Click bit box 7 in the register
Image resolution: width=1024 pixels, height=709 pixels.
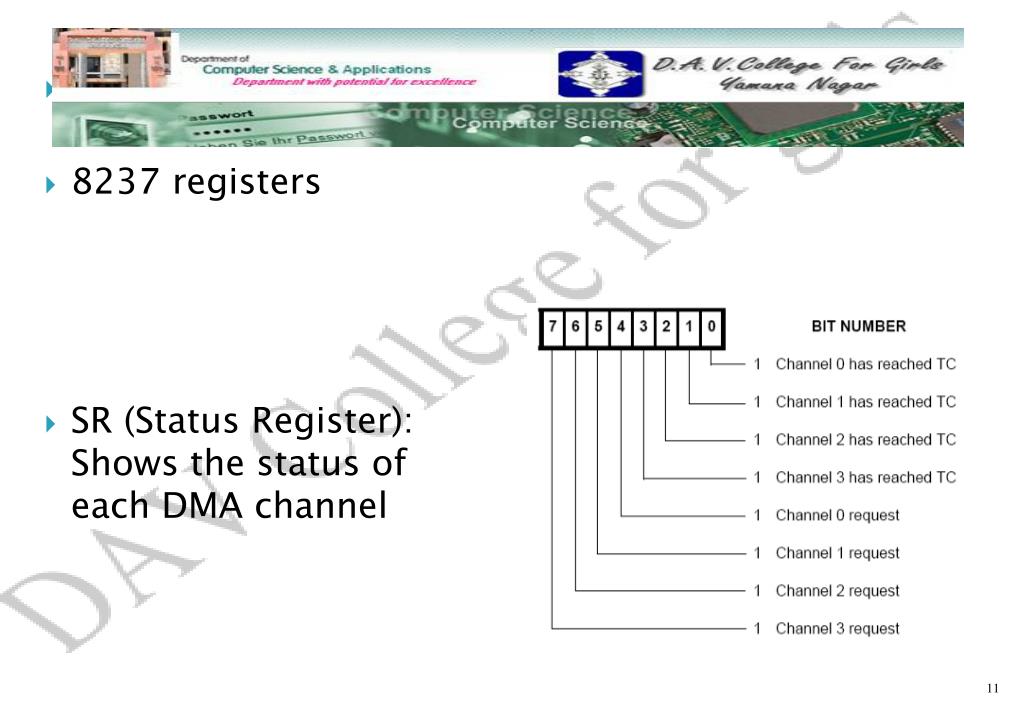tap(553, 328)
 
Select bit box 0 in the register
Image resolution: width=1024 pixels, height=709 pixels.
tap(711, 328)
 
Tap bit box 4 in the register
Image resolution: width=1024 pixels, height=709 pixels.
tap(621, 328)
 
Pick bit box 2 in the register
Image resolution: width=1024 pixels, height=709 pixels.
tap(666, 328)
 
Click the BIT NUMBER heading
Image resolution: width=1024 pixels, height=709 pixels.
tap(858, 326)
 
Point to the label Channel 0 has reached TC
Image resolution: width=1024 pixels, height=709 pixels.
tap(865, 364)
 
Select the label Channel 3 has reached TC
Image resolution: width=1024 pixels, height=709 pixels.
tap(865, 478)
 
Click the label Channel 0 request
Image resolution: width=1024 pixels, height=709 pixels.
tap(837, 515)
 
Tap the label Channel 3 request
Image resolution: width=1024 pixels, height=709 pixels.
tap(837, 629)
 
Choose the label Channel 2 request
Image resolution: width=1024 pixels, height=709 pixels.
tap(837, 591)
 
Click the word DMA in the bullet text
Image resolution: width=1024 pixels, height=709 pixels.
tap(200, 507)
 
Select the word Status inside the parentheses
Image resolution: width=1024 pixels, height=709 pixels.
tap(187, 423)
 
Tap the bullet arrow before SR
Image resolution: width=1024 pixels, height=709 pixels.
tap(52, 424)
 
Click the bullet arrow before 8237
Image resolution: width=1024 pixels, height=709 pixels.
tap(52, 184)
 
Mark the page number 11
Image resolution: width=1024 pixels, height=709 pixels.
tap(992, 688)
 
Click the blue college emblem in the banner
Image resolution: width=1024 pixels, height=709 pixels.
tap(587, 74)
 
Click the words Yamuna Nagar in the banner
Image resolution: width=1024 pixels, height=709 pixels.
tap(799, 86)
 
